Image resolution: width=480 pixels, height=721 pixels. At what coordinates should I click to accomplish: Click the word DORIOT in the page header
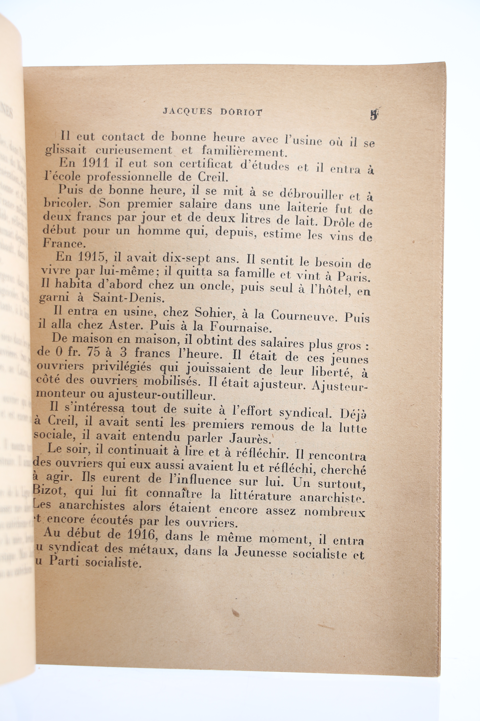click(241, 112)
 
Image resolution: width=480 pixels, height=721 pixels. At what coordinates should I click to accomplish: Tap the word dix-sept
click(186, 258)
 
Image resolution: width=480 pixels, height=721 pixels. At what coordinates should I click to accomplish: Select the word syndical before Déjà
click(303, 413)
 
